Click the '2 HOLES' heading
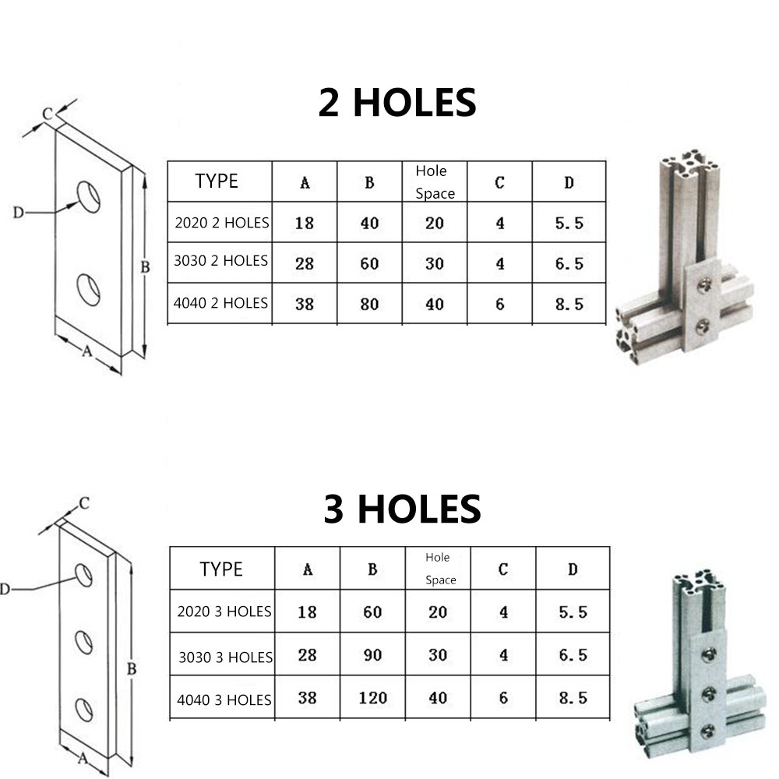point(397,103)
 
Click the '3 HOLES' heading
point(402,509)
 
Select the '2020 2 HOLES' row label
point(222,223)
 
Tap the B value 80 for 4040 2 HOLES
point(369,304)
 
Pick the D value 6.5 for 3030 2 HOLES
point(569,263)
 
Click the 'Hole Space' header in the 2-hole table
point(435,182)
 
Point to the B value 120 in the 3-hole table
point(372,698)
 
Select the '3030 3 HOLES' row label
point(226,657)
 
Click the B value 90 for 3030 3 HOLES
point(372,655)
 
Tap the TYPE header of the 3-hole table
point(221,569)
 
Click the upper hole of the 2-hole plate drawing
point(89,196)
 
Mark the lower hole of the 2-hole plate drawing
point(89,289)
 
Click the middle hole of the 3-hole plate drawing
point(83,643)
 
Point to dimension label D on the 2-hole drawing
point(18,212)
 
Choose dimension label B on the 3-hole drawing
point(132,668)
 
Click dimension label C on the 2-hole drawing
point(47,114)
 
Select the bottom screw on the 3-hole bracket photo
point(708,731)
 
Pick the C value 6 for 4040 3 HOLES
point(503,698)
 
